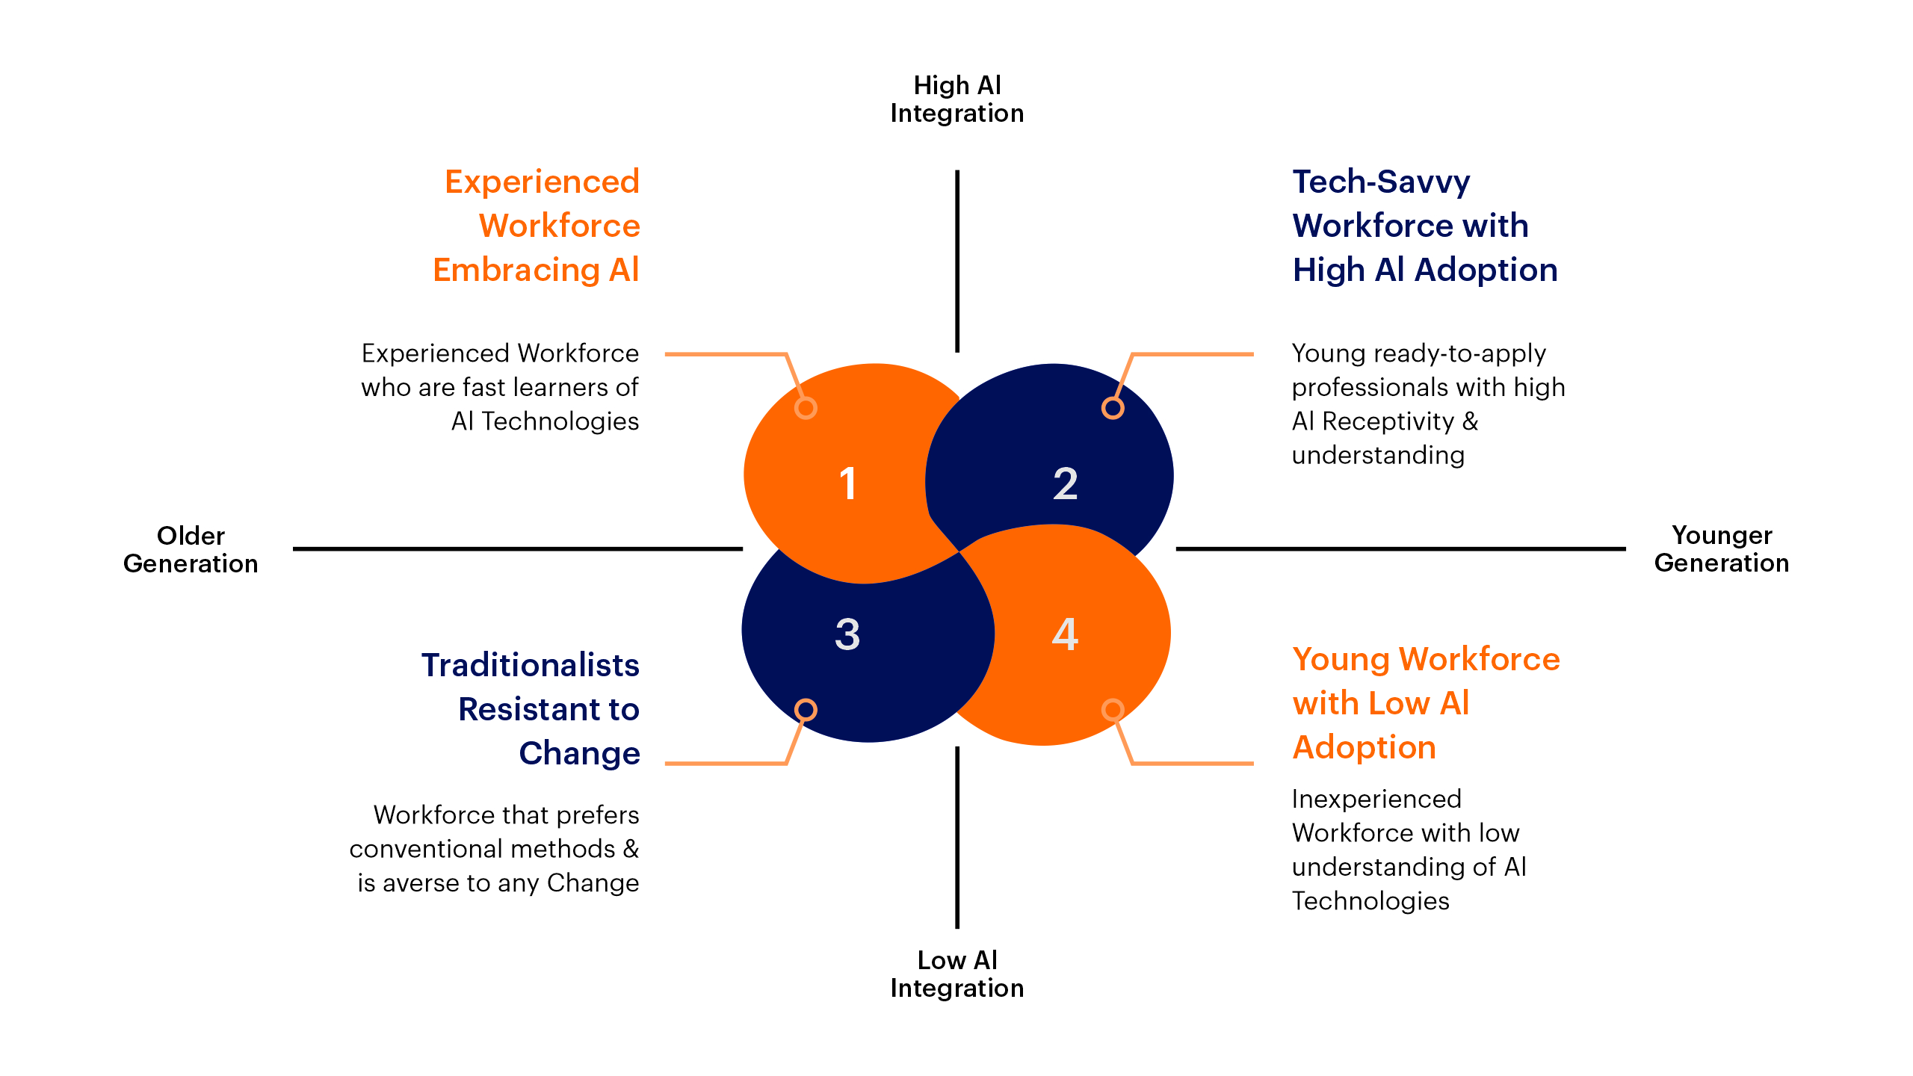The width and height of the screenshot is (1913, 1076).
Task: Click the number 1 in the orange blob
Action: (847, 483)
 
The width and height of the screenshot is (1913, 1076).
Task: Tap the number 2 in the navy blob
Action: (1065, 483)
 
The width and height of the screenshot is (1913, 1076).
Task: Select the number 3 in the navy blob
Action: (847, 634)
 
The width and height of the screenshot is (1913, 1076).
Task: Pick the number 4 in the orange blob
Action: (1065, 634)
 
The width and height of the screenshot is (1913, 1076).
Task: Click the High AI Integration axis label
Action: (956, 99)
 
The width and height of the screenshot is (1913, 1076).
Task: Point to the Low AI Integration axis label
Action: (956, 974)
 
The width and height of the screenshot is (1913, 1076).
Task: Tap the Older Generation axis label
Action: (191, 549)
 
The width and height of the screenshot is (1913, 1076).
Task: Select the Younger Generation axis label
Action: (1721, 548)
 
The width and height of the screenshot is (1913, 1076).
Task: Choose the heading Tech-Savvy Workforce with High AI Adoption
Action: (1424, 226)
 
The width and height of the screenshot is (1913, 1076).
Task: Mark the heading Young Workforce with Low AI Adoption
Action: (1425, 703)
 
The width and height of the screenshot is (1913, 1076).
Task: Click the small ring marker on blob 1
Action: (806, 408)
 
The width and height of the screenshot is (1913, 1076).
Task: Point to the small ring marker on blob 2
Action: (1113, 408)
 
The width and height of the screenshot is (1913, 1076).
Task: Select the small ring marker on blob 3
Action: (806, 709)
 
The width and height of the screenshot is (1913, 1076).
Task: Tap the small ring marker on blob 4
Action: (1113, 709)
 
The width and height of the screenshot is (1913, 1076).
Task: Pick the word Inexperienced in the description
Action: (1376, 799)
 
